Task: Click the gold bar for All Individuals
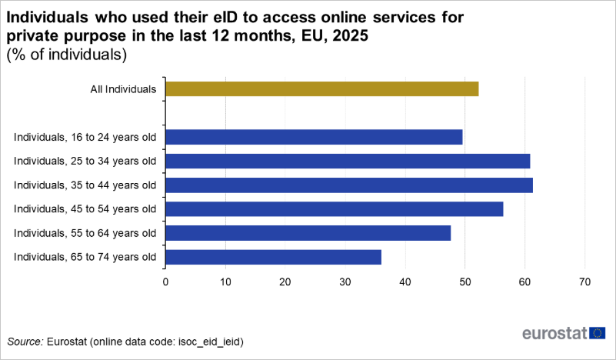[321, 88]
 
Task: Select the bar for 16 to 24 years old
[314, 137]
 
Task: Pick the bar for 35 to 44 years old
[349, 185]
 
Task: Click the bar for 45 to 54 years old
[334, 208]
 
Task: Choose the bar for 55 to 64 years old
[308, 232]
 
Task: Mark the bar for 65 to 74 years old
[273, 257]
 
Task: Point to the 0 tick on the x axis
[165, 282]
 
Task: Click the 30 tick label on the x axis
[345, 282]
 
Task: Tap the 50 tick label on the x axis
[465, 282]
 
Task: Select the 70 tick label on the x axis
[585, 282]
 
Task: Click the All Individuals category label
[124, 89]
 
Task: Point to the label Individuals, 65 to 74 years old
[85, 257]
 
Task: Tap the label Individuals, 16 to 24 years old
[85, 138]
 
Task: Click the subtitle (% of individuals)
[65, 55]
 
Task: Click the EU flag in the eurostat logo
[597, 333]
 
